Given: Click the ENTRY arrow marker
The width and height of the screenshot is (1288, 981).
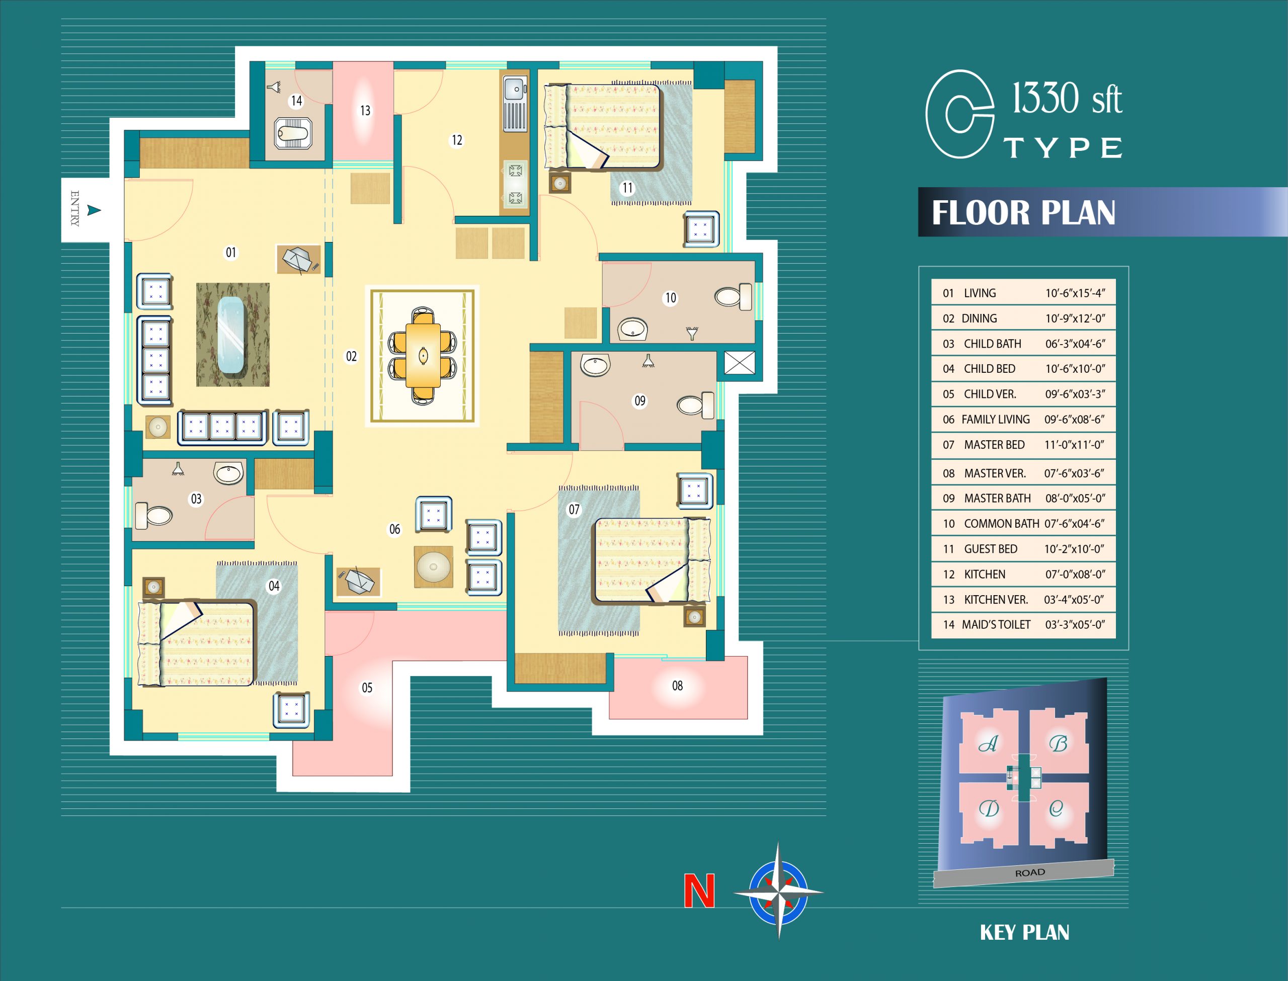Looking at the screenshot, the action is tap(94, 210).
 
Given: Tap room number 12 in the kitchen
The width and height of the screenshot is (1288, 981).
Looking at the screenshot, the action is tap(456, 140).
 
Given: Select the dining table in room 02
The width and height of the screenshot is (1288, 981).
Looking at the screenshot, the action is tap(423, 355).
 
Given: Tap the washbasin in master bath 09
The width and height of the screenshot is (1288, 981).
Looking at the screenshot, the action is tap(596, 364).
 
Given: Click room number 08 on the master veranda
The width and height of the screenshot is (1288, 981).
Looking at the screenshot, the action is tap(677, 686).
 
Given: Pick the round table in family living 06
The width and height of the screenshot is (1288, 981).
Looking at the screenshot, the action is tap(433, 566).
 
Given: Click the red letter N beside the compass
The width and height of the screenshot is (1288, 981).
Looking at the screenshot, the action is tap(699, 891).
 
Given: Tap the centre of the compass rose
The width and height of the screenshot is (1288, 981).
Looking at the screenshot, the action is tap(778, 892).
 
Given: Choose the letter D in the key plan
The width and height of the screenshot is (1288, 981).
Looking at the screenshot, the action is tap(989, 809).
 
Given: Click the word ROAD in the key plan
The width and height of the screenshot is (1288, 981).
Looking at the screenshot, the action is tap(1030, 872).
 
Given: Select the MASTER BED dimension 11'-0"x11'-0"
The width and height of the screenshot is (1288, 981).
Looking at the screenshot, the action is tap(1074, 445).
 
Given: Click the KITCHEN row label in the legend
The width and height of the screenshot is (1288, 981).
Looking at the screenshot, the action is tap(985, 575).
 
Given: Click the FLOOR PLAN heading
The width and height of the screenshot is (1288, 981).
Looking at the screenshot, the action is tap(1023, 212).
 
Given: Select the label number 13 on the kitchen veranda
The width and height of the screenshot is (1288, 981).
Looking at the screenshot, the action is tap(365, 110).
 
